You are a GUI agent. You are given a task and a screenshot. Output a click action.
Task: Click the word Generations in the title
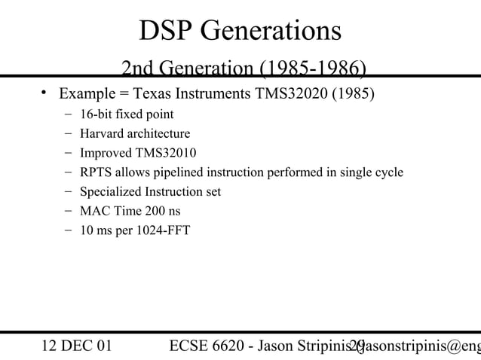pyautogui.click(x=271, y=31)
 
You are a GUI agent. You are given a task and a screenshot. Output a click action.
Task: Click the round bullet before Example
pyautogui.click(x=44, y=94)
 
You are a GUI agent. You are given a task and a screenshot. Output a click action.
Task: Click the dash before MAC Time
pyautogui.click(x=69, y=211)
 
